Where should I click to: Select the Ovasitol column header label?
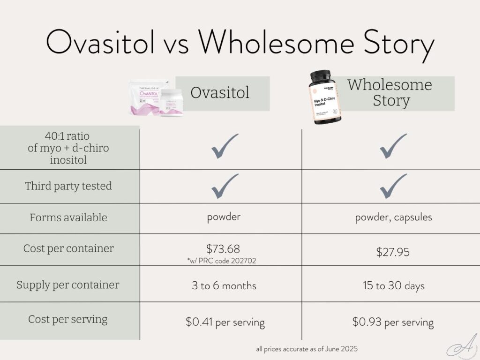pos(220,93)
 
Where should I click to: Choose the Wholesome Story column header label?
pos(390,93)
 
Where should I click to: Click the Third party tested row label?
pos(68,186)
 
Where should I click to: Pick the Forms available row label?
pos(68,217)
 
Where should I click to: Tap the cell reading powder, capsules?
pos(393,218)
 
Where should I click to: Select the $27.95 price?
pos(393,252)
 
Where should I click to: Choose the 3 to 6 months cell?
pos(224,285)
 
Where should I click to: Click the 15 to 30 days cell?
pos(393,285)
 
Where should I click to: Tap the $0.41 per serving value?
pos(225,322)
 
